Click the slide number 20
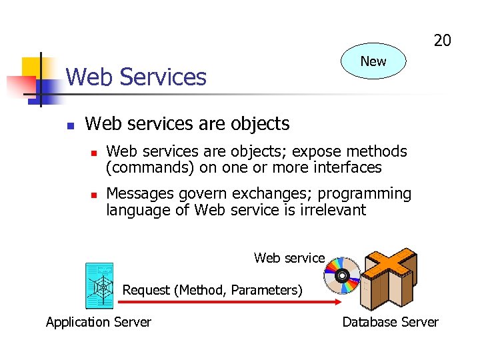tap(442, 41)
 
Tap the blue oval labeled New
tap(373, 61)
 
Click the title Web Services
tap(136, 77)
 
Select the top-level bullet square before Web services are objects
tap(70, 125)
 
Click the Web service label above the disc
tap(289, 258)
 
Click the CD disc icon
tap(341, 275)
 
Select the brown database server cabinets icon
tap(389, 277)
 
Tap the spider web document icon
tap(100, 286)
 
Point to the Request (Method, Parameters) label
tap(212, 290)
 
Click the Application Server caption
tap(99, 322)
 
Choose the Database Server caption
tap(390, 322)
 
